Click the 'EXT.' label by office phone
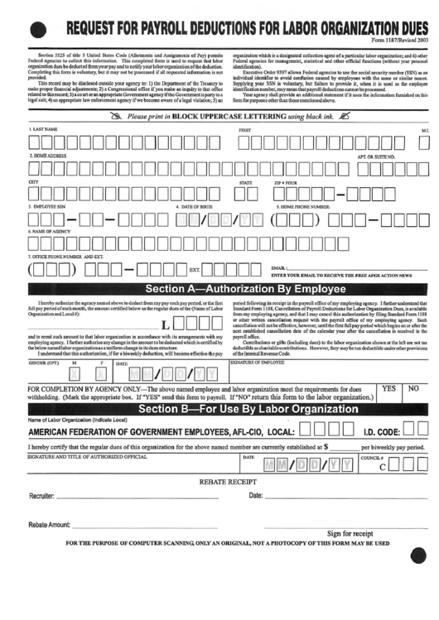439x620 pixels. coord(195,269)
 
